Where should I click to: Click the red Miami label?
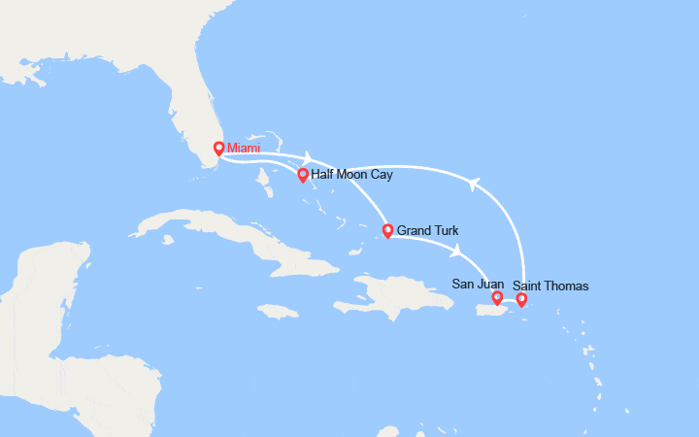[x=245, y=149]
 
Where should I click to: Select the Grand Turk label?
[x=427, y=231]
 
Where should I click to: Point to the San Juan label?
[x=478, y=284]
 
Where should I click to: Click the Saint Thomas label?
[x=550, y=286]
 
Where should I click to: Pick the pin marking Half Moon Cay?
[x=303, y=176]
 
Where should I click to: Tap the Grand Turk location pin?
[x=388, y=231]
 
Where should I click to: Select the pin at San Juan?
[x=497, y=298]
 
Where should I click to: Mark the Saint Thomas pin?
[x=521, y=299]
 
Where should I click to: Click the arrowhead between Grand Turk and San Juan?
[x=456, y=251]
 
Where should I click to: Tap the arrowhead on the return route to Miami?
[x=475, y=184]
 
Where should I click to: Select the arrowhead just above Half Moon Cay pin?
[x=308, y=157]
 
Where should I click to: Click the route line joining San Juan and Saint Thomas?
[x=510, y=304]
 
